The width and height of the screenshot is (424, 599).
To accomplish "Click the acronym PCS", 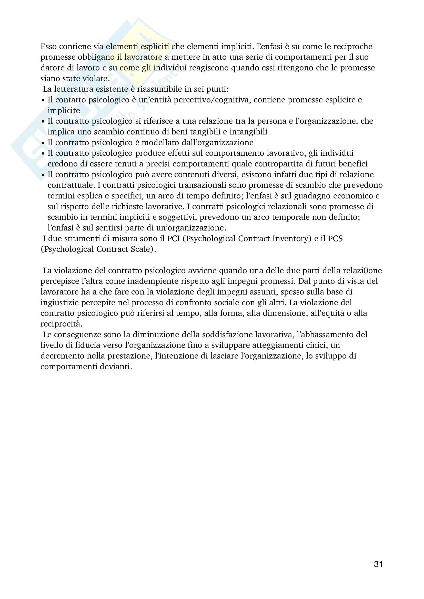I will click(335, 239).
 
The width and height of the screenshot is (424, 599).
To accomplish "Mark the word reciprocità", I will click(61, 324).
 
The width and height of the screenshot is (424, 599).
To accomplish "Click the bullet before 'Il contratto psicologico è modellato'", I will click(43, 143).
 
